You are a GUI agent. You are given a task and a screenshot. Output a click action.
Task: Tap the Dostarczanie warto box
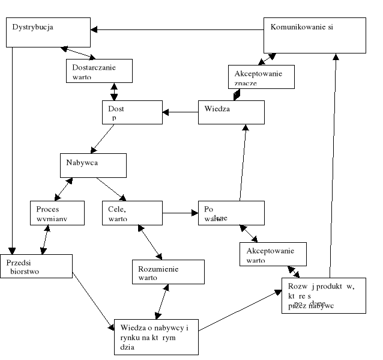[98, 72]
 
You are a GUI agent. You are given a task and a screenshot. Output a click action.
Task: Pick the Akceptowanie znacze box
[261, 78]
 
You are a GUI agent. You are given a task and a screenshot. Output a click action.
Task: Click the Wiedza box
[231, 112]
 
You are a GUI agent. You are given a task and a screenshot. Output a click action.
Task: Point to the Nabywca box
[93, 165]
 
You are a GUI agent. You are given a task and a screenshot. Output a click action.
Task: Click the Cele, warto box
[132, 213]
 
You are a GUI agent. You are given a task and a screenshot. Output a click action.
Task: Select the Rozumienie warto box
[168, 274]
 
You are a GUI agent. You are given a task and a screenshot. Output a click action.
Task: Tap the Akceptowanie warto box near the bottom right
[273, 254]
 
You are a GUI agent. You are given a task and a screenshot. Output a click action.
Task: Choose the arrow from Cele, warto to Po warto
[180, 213]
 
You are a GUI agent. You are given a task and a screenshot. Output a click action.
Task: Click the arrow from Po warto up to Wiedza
[243, 162]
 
